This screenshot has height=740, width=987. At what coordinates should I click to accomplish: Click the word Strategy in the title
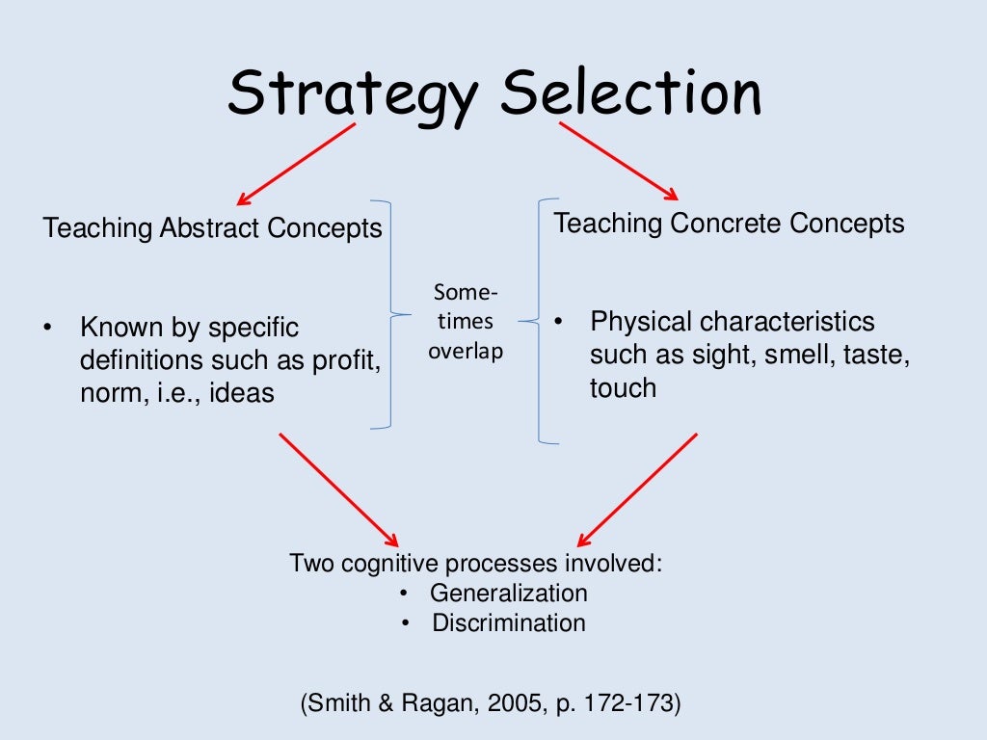[353, 94]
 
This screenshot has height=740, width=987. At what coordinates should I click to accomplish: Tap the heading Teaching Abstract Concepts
[213, 228]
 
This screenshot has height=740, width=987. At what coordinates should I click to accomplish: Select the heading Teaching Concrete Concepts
[729, 224]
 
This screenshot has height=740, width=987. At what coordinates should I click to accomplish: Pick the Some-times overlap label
[467, 322]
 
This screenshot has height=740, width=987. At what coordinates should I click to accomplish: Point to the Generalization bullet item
[508, 593]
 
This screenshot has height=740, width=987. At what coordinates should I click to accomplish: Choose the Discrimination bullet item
[508, 622]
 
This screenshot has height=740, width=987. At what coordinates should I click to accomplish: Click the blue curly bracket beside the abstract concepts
[388, 314]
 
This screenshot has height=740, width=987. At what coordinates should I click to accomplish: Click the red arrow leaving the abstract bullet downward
[338, 489]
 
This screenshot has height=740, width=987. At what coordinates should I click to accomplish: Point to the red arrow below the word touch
[637, 489]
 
